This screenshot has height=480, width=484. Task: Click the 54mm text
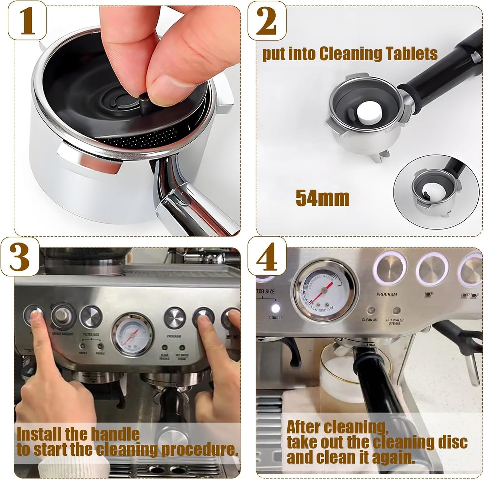322,198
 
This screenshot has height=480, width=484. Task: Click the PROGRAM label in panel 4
386,295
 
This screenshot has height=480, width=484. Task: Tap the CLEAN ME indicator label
370,320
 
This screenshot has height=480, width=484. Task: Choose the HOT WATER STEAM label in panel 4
394,322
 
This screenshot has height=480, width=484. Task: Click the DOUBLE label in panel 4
276,318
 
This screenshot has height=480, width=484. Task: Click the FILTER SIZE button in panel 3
91,317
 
